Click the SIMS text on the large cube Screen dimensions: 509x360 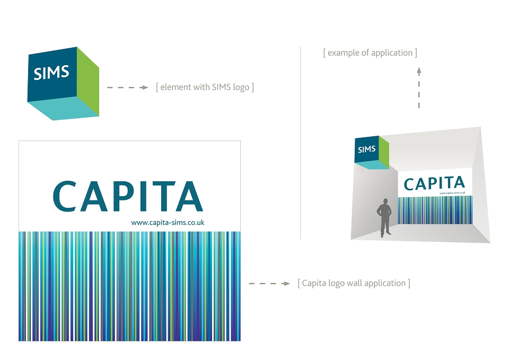click(51, 73)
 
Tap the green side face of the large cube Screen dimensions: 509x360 click(88, 82)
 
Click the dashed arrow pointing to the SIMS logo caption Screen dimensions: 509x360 click(128, 87)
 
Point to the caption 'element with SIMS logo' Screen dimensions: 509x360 click(205, 87)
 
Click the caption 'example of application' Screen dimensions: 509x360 click(370, 52)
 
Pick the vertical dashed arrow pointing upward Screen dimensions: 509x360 click(419, 87)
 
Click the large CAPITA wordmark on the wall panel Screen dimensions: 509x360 click(128, 196)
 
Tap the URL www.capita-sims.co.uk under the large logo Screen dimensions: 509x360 click(168, 222)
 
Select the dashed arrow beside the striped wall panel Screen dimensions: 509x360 click(269, 284)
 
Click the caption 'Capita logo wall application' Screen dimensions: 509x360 click(354, 283)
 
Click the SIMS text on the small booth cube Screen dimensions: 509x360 click(367, 150)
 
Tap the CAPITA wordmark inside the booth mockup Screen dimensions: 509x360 click(434, 183)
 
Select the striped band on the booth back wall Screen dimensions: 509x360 click(435, 210)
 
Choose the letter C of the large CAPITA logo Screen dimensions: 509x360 click(65, 196)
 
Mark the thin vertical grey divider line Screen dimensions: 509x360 click(301, 143)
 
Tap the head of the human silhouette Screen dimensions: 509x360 click(385, 201)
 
